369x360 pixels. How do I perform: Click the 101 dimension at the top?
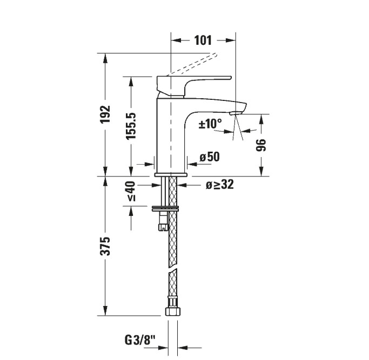tap(203, 40)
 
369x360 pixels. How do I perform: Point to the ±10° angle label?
tap(210, 124)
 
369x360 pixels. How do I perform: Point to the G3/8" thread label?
tap(140, 340)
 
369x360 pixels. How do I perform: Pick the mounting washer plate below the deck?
tap(165, 207)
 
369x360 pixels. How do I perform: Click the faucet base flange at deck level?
tap(171, 175)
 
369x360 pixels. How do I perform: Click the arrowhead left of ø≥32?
tap(182, 185)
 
